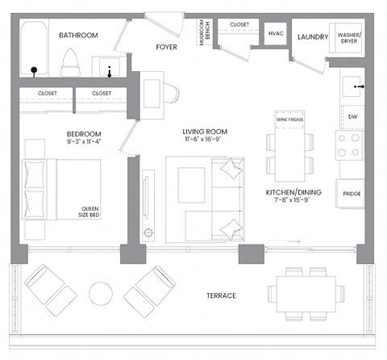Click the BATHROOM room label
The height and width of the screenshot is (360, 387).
click(x=78, y=36)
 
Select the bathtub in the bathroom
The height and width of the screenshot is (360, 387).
click(x=34, y=48)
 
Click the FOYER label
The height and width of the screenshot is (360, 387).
click(x=167, y=47)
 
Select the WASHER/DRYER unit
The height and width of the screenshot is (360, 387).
click(x=349, y=36)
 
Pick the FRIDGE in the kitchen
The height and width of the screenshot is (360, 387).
click(x=352, y=194)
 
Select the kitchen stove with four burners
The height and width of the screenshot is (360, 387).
click(x=352, y=145)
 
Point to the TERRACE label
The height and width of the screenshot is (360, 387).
click(x=220, y=295)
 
